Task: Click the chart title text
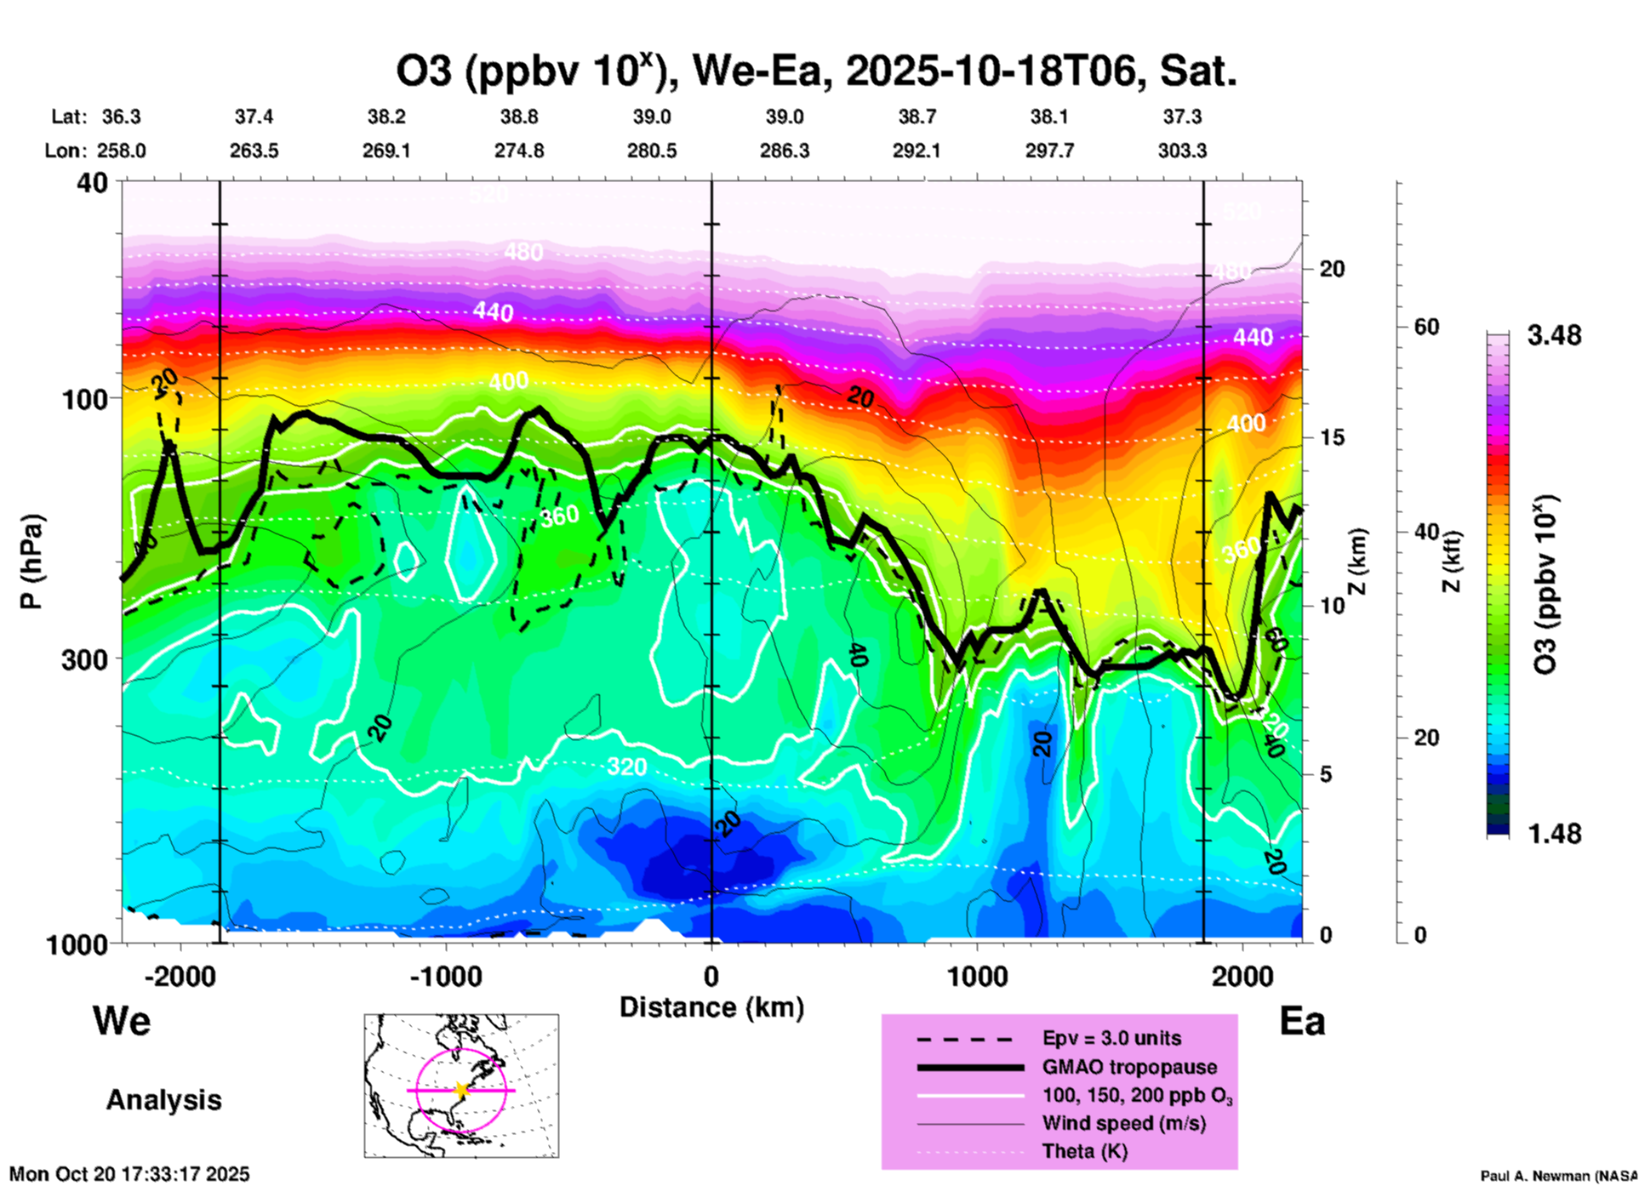815,71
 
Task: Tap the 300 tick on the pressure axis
84,659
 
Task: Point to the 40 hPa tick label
93,183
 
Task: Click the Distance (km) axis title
711,1007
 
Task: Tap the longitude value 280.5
652,151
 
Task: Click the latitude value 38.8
519,117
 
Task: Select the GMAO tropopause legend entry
1129,1067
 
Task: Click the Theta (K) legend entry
1084,1151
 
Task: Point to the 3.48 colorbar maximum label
1554,336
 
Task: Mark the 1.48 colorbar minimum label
1554,833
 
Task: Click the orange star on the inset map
461,1090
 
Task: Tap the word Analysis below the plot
163,1100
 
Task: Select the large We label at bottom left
122,1020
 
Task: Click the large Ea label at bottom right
1302,1021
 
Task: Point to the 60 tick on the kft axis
1426,327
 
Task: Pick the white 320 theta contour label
626,767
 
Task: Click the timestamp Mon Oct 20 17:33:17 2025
129,1174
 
